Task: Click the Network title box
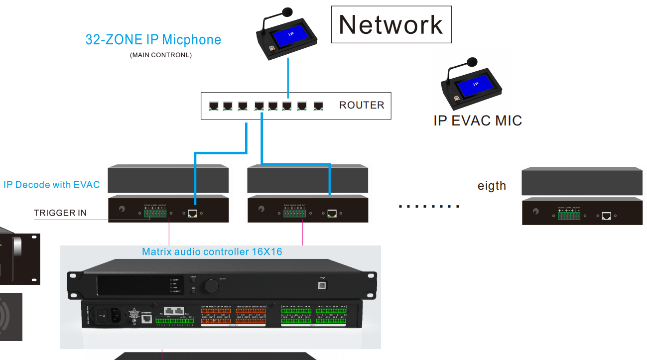pyautogui.click(x=391, y=24)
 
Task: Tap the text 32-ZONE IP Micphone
pyautogui.click(x=153, y=40)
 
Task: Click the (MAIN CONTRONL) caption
pyautogui.click(x=161, y=55)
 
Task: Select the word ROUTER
pyautogui.click(x=362, y=105)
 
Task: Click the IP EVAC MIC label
pyautogui.click(x=477, y=120)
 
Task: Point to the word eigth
pyautogui.click(x=492, y=186)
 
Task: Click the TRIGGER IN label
pyautogui.click(x=60, y=213)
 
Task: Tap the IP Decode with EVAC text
pyautogui.click(x=52, y=185)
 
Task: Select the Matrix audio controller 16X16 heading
pyautogui.click(x=212, y=251)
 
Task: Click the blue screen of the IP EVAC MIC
pyautogui.click(x=476, y=86)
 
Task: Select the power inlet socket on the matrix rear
pyautogui.click(x=115, y=314)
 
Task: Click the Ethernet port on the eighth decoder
pyautogui.click(x=606, y=216)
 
